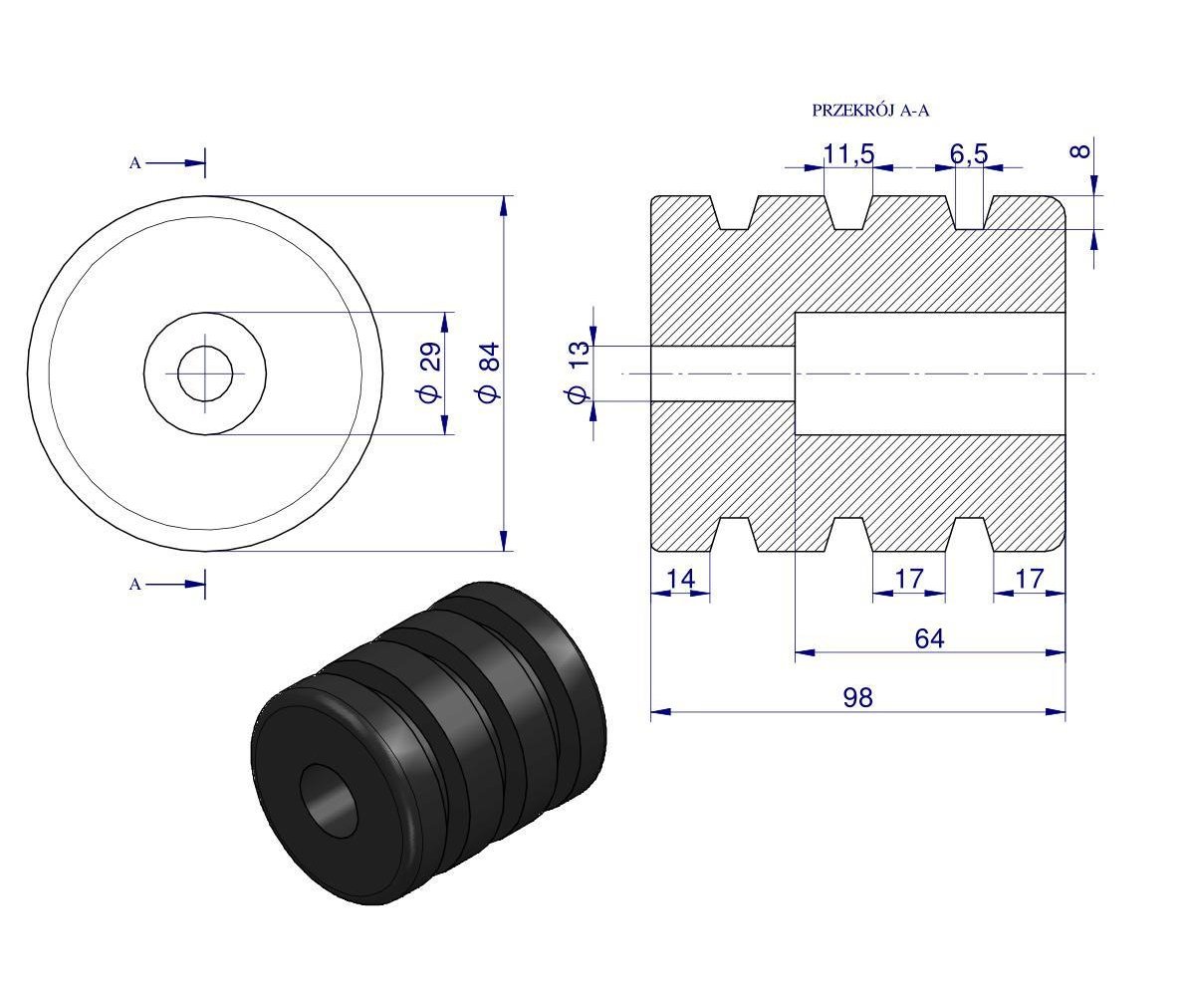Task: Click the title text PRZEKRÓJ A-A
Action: point(870,111)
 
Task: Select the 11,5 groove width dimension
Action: point(848,153)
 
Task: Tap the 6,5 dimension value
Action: point(968,153)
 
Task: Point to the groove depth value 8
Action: point(1079,151)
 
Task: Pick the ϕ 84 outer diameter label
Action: point(487,373)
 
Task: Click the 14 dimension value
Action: point(680,579)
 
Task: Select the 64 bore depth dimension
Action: point(929,637)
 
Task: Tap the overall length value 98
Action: point(857,697)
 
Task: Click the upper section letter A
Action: point(134,162)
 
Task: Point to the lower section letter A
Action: point(134,585)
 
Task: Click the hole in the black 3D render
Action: point(329,798)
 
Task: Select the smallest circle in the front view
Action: point(205,373)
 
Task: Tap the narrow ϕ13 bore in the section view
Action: point(723,373)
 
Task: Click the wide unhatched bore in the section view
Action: point(929,373)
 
